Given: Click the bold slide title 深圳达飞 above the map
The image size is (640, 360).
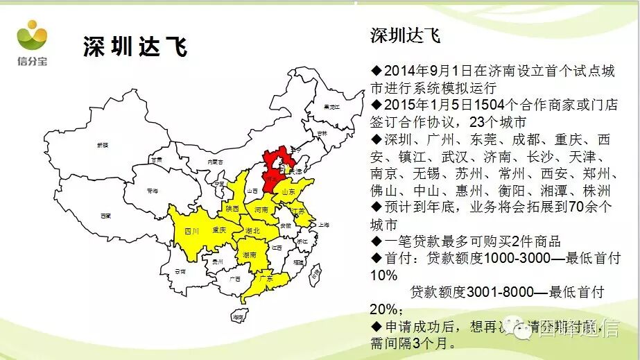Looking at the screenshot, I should click(135, 48).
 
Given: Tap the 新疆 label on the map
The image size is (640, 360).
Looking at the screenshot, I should click(103, 145).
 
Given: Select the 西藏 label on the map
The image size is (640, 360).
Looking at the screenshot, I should click(105, 216).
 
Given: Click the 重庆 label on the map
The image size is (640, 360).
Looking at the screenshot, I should click(220, 230).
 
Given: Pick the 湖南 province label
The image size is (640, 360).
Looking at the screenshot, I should click(250, 255).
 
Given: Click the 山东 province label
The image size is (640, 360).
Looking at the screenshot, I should click(288, 191).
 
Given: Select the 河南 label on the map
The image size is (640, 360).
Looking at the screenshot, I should click(261, 209).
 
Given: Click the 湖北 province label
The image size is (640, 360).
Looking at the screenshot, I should click(253, 230).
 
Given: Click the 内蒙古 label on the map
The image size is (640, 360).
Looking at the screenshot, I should click(216, 161).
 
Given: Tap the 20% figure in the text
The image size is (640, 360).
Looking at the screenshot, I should click(385, 309).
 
